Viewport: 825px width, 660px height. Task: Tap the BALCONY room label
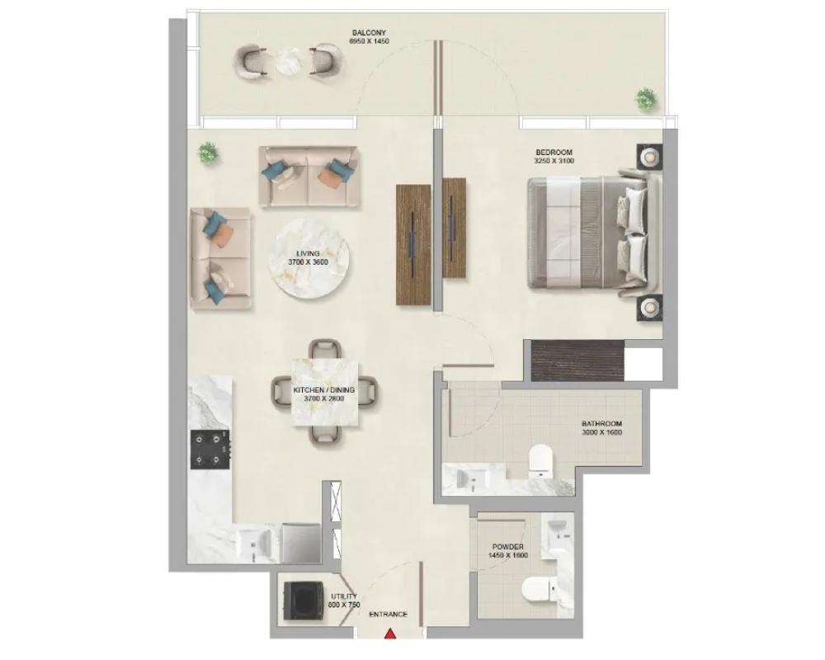pos(369,33)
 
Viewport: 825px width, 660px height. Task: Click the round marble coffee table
pos(309,259)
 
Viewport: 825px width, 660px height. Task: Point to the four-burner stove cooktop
pos(210,449)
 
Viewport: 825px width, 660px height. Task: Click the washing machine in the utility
pos(303,601)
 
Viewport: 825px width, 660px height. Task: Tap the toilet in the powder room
pos(540,591)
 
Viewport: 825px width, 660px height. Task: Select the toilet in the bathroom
pos(540,460)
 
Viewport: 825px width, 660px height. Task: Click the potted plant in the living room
pos(209,153)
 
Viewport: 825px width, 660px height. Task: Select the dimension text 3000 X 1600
pos(602,432)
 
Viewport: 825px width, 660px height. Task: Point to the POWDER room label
pos(507,547)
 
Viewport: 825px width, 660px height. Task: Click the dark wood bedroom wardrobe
pos(577,361)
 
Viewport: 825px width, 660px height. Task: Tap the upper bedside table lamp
pos(650,156)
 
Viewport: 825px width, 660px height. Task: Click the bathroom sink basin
pos(471,478)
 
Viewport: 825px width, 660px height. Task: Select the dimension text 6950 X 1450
pos(370,40)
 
